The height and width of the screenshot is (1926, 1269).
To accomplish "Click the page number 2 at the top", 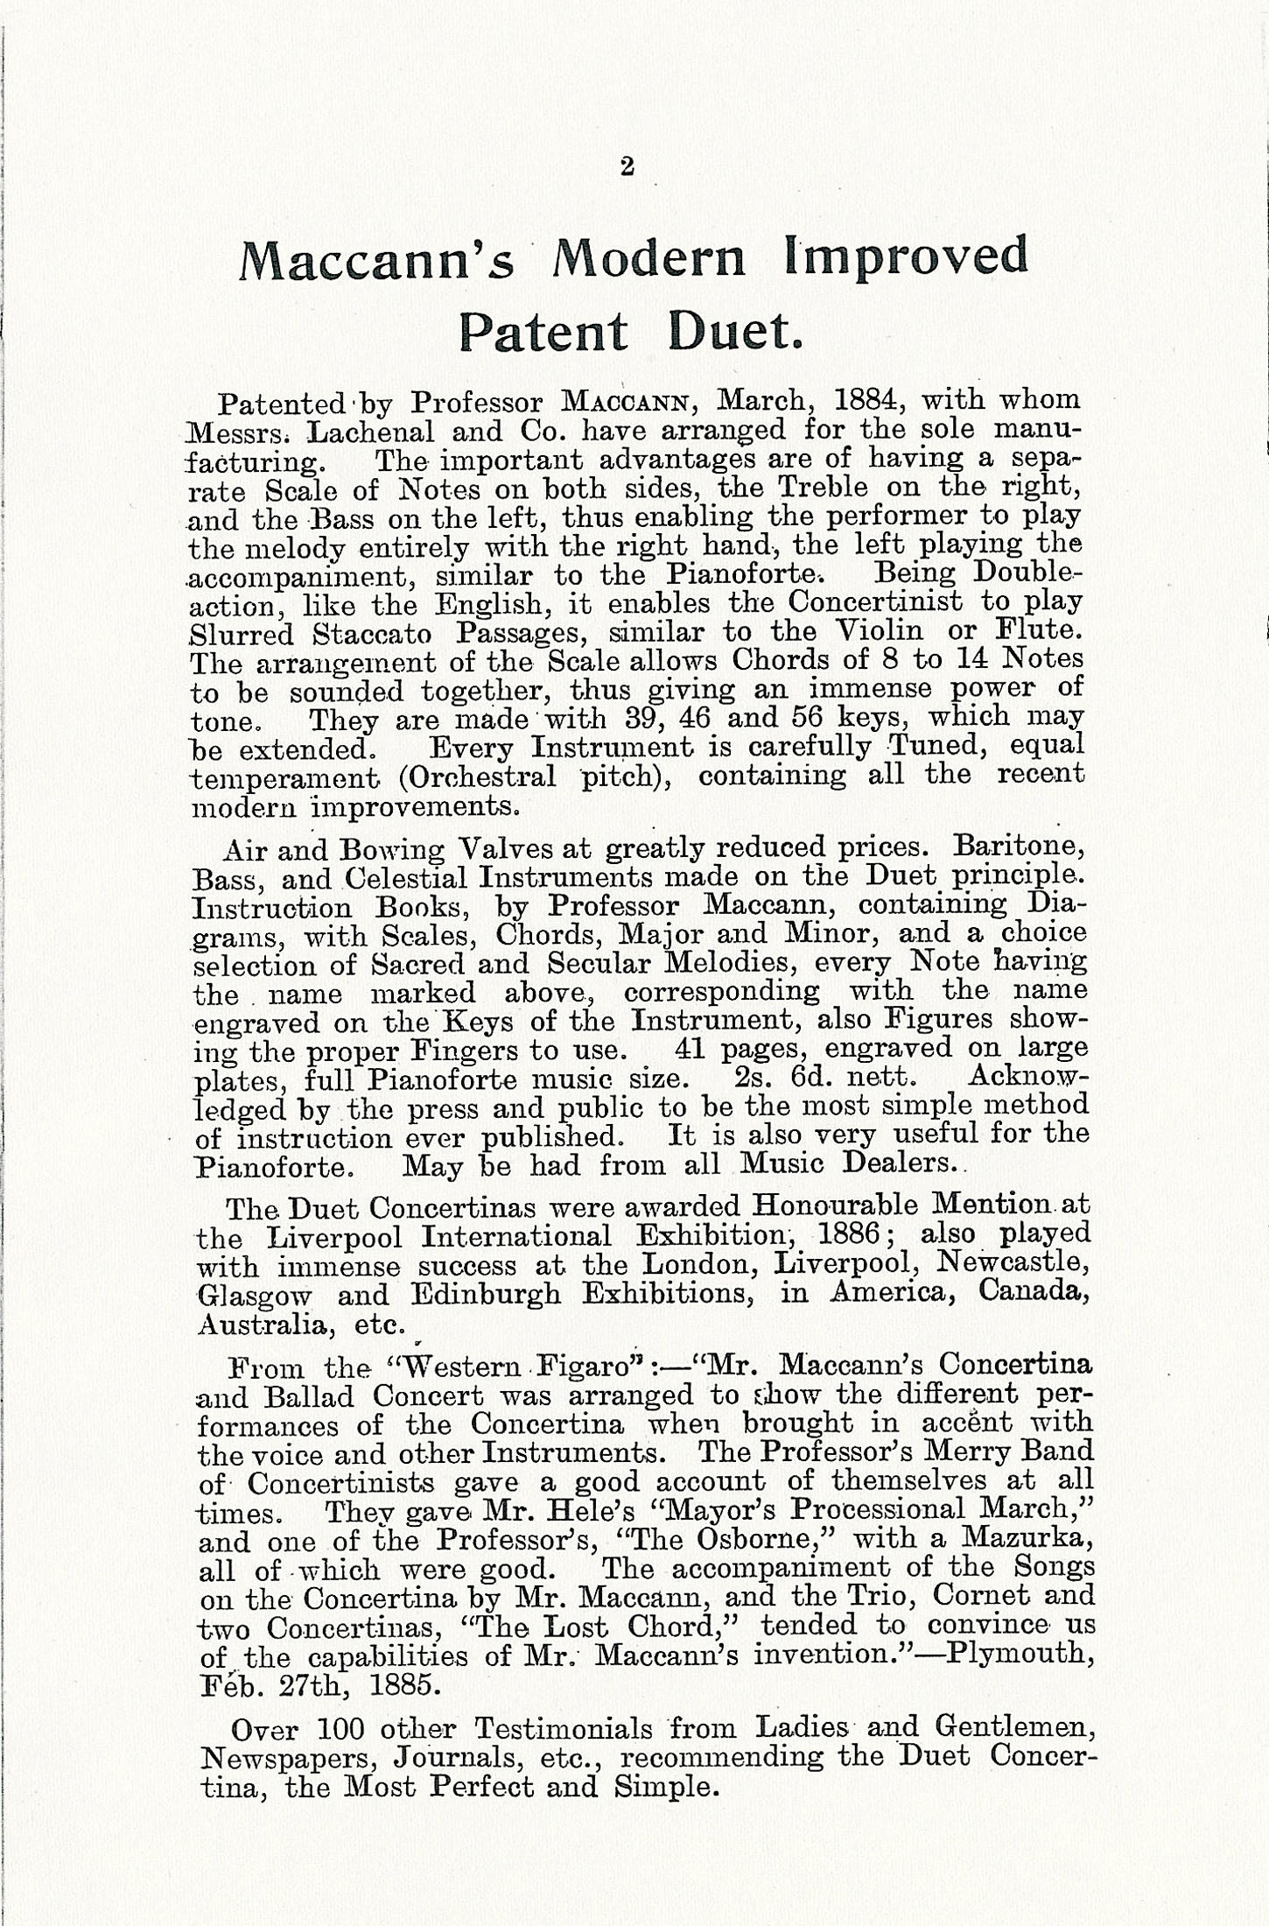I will click(x=626, y=166).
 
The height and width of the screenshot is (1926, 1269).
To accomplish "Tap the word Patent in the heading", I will click(x=543, y=334).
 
